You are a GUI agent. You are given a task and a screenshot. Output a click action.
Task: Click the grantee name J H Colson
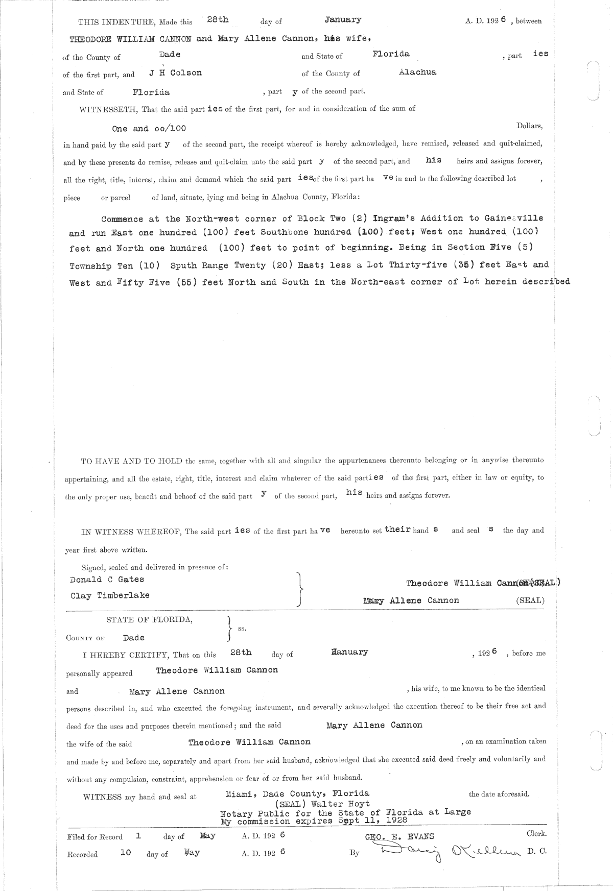point(175,73)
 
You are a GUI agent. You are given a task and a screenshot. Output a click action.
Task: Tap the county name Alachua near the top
point(417,72)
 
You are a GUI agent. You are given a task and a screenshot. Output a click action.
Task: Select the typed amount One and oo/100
point(145,129)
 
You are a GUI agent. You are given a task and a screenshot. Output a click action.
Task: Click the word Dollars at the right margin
point(529,126)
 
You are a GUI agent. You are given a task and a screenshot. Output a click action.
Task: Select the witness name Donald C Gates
point(107,580)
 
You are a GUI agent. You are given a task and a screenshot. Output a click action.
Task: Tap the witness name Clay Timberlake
point(110,595)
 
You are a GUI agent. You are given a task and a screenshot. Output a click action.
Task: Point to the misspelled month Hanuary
point(349,652)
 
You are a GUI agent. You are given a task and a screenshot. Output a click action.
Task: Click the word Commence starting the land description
point(122,219)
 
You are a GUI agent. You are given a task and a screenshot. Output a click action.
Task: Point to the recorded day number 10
point(125,852)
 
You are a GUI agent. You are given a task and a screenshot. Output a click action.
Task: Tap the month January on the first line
point(343,20)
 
